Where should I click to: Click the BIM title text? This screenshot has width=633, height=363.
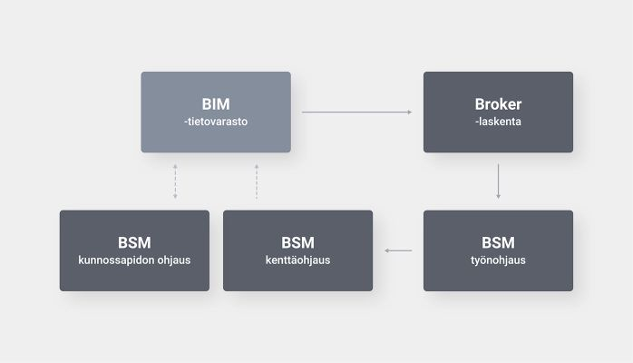(216, 104)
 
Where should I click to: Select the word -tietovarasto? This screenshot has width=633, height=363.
(216, 122)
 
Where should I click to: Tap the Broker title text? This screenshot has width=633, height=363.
(498, 104)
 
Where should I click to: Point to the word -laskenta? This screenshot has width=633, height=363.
(498, 122)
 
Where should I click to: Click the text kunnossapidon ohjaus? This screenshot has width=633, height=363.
(134, 260)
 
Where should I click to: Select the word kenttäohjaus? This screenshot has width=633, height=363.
(298, 260)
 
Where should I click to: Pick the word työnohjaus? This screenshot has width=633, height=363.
(498, 260)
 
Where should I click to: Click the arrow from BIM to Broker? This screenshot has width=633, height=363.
(357, 112)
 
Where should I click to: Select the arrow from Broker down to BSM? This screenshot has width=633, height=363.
(498, 181)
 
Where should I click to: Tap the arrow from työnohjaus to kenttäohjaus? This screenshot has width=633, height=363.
(398, 250)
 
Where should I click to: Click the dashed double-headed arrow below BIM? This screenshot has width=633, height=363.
(175, 181)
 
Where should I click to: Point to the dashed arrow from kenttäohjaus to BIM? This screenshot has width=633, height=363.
(257, 181)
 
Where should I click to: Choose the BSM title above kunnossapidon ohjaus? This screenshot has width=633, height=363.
(134, 242)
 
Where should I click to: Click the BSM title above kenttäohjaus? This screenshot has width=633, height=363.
(298, 242)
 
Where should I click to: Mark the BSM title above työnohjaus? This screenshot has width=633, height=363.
(498, 242)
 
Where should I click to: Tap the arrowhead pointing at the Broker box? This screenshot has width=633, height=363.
(410, 112)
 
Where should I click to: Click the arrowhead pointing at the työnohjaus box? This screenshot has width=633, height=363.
(498, 197)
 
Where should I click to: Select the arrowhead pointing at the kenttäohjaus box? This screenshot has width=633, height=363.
(386, 250)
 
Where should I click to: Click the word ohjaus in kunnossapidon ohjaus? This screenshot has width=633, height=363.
(174, 260)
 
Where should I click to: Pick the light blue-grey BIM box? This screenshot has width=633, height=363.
(216, 112)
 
